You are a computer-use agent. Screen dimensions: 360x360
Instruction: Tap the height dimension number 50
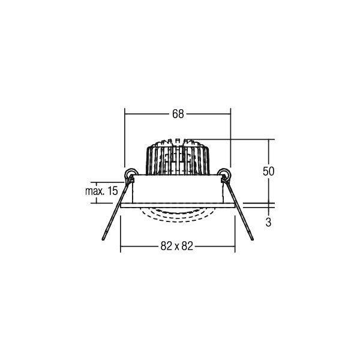coord(268,170)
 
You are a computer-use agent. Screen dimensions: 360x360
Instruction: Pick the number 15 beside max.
coord(112,191)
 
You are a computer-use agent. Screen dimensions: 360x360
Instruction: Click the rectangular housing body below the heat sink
coord(177,191)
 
